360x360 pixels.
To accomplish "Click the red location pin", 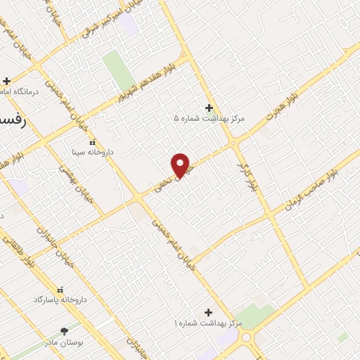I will (181, 165).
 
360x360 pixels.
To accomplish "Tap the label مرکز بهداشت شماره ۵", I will (210, 119).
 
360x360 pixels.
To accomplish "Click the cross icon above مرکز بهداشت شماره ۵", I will (209, 108).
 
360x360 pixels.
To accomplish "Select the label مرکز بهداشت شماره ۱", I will (209, 323).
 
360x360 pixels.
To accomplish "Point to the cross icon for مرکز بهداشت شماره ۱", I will (208, 311).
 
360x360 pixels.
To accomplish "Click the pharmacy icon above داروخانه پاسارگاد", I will (59, 289).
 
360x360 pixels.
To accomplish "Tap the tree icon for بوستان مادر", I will (65, 329).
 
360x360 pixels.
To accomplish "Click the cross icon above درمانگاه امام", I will (6, 81).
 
